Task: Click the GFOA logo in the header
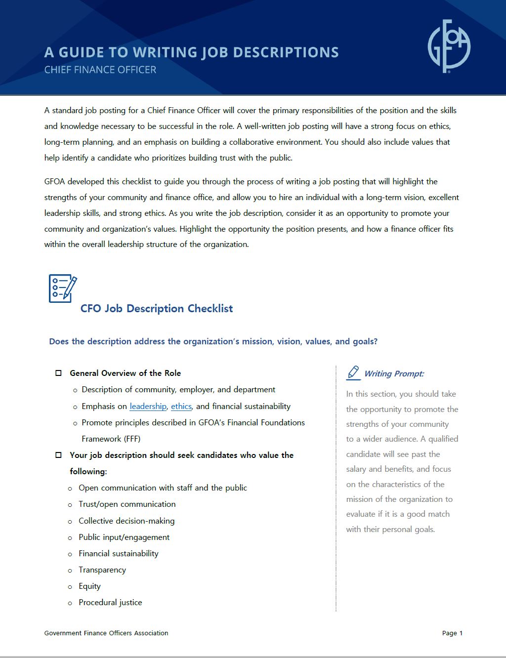click(x=449, y=46)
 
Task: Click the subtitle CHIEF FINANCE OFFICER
click(x=100, y=70)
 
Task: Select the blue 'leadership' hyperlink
click(x=148, y=406)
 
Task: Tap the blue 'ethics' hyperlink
click(x=181, y=406)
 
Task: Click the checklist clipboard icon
click(x=63, y=288)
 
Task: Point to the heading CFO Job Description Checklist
click(x=157, y=309)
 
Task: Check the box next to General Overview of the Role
click(x=58, y=373)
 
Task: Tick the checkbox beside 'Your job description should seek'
click(x=58, y=455)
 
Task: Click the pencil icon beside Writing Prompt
click(x=353, y=372)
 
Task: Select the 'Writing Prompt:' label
click(x=394, y=374)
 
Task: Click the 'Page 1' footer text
click(x=452, y=633)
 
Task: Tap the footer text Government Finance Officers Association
click(x=106, y=633)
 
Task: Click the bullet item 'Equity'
click(x=89, y=586)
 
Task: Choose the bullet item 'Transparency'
click(x=102, y=570)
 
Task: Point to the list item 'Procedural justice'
click(x=110, y=603)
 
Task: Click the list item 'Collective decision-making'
click(x=126, y=521)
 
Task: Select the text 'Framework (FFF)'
click(x=111, y=439)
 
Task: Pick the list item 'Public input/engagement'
click(x=124, y=537)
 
